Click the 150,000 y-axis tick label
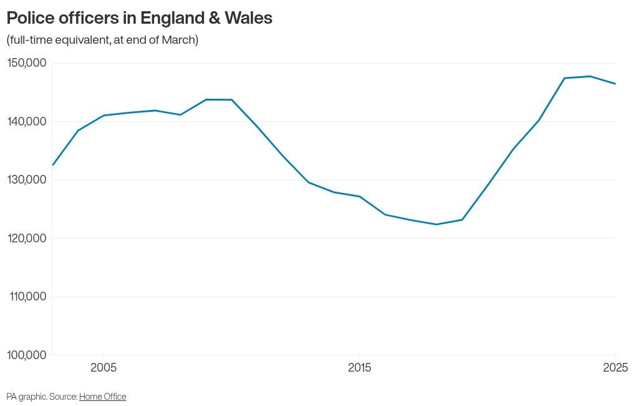tap(27, 63)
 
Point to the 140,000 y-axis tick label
tap(27, 121)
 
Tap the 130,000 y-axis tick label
tap(27, 180)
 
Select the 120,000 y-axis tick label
tap(27, 238)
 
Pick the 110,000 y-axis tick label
tap(27, 297)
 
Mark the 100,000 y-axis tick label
tap(27, 355)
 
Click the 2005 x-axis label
tap(104, 368)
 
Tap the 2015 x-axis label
tap(359, 368)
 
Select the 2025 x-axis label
tap(615, 368)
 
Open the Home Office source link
tap(103, 397)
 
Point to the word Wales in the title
tap(248, 18)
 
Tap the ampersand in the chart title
tap(214, 18)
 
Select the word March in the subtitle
tap(178, 40)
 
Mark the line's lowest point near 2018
tap(436, 224)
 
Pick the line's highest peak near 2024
tap(590, 76)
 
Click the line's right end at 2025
tap(615, 84)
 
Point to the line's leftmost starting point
tap(53, 165)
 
